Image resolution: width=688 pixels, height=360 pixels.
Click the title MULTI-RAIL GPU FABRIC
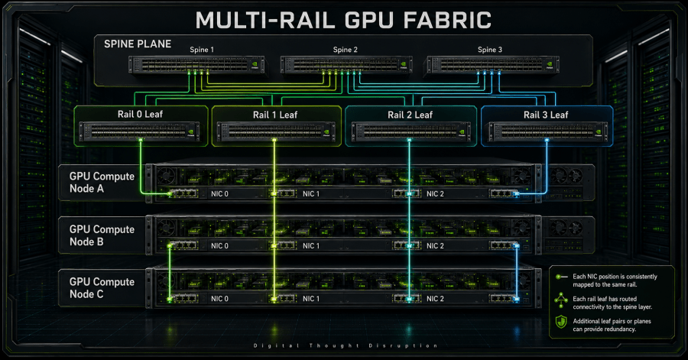(343, 20)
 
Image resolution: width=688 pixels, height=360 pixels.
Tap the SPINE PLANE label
(138, 44)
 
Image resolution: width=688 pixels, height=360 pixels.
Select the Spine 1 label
(202, 50)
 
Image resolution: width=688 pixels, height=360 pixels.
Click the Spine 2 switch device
(346, 65)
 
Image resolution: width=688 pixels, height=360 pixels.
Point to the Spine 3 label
(490, 50)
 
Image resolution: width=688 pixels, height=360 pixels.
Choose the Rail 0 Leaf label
(140, 115)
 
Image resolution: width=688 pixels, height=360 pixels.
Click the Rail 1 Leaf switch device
(277, 132)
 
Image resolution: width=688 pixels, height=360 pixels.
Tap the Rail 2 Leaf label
(410, 115)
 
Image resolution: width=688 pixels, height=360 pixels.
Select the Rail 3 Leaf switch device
(548, 132)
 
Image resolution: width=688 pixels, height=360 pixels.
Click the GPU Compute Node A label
(102, 183)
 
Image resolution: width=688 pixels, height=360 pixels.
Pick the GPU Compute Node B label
(102, 235)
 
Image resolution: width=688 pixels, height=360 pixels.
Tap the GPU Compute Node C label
(102, 288)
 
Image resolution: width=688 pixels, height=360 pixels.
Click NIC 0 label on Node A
(219, 194)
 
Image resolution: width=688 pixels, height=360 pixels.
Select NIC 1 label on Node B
(311, 246)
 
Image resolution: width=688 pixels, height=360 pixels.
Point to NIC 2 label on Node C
(435, 299)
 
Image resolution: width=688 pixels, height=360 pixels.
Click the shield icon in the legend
(561, 322)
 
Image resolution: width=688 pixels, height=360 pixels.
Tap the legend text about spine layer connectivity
(612, 303)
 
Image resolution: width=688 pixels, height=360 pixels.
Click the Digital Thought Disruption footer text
(346, 345)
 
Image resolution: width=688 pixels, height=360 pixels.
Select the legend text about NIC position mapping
(615, 281)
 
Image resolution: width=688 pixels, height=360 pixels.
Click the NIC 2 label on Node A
(435, 194)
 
